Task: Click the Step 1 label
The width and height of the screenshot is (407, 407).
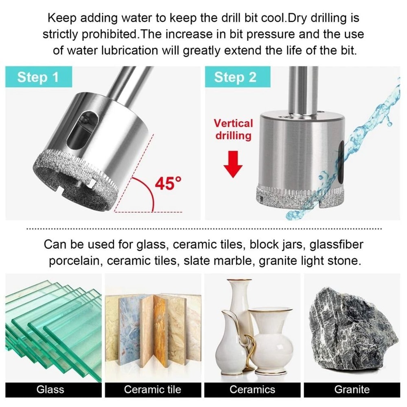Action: (38, 77)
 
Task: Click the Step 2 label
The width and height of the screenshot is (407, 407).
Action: (235, 77)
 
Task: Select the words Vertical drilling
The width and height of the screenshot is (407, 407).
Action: (233, 129)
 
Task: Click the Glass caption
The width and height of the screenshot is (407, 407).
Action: (50, 389)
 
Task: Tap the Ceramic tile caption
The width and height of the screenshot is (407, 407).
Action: (152, 389)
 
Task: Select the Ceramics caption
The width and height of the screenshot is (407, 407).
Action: (252, 389)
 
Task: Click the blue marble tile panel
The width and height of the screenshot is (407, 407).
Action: (129, 326)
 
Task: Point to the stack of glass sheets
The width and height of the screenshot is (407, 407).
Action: (53, 326)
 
